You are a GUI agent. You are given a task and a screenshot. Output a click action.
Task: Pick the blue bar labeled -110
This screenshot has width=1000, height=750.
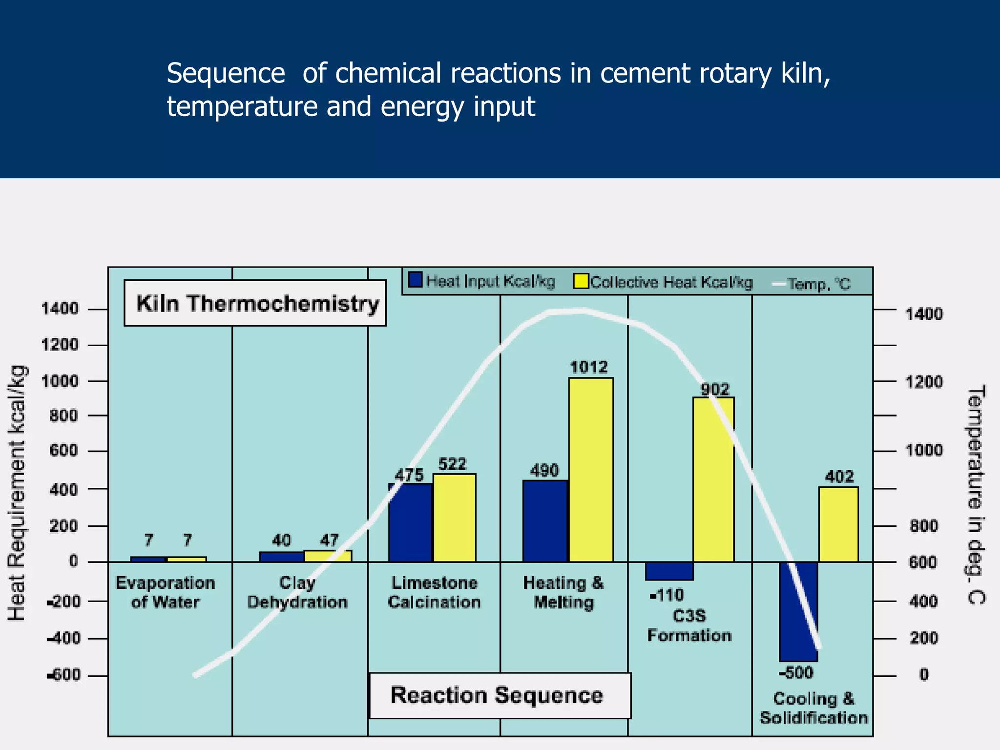coord(669,571)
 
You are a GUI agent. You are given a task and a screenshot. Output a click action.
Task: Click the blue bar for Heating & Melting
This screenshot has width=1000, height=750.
coord(545,521)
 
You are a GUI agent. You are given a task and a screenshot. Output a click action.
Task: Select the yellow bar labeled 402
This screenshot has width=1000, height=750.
coord(838,524)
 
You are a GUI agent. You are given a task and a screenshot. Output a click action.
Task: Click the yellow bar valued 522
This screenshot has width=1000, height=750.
coord(454,518)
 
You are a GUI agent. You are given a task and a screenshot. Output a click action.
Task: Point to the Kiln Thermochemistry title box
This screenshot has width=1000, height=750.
coord(255,303)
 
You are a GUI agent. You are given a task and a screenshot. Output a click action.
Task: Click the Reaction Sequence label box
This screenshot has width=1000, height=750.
coord(500,695)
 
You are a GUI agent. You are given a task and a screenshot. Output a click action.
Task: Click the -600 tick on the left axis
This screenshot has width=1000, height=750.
coord(64,675)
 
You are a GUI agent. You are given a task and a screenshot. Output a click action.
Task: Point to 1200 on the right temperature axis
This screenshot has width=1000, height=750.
coord(924,382)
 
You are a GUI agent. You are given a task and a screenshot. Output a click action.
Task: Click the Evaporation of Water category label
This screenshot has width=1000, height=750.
coord(166,592)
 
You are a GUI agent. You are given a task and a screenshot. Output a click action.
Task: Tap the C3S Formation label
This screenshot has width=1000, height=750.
coord(689,625)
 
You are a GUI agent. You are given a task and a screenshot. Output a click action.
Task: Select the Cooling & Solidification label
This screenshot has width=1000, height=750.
coord(813,708)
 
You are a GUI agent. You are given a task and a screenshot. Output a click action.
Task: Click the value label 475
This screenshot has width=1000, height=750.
coord(409,475)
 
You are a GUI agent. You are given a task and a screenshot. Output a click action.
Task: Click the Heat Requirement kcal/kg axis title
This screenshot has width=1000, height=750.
coord(17,493)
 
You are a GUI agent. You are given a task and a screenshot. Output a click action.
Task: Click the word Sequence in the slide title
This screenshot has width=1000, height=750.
coord(226,74)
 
